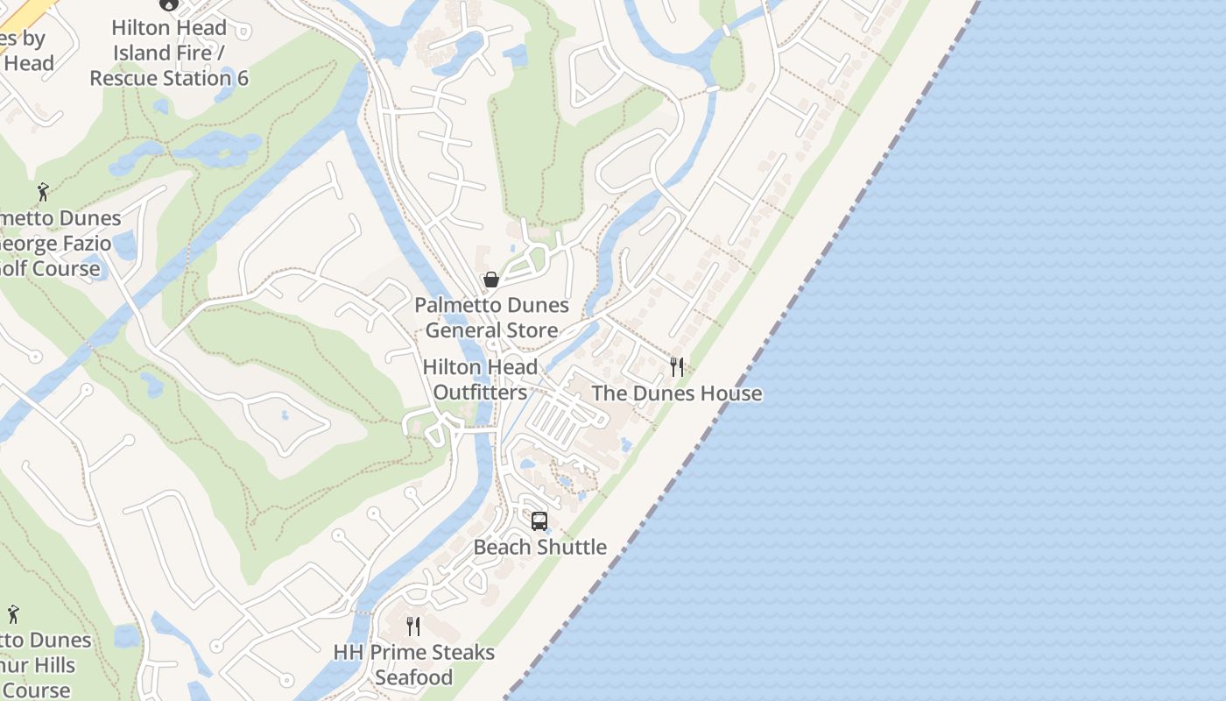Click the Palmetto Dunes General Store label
pos(491,318)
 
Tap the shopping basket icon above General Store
pos(491,280)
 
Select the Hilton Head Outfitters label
pos(480,379)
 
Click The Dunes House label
pos(676,393)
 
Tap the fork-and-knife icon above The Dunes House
pos(676,366)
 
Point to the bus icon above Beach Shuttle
pos(539,521)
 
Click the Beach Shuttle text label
pos(539,547)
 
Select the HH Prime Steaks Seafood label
pos(414,665)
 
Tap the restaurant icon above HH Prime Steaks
pos(413,626)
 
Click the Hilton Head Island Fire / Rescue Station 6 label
pos(169,53)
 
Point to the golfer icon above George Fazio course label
pos(43,191)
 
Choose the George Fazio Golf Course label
pos(53,243)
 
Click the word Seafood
pos(414,677)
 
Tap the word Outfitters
pos(480,392)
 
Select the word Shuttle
pos(572,547)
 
